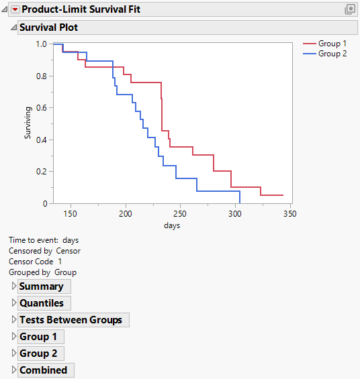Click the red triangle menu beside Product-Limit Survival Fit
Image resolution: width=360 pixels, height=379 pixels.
click(15, 10)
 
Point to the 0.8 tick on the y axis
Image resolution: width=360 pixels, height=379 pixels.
click(41, 76)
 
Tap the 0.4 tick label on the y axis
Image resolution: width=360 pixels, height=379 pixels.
click(41, 140)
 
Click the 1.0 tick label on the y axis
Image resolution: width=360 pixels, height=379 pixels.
click(41, 44)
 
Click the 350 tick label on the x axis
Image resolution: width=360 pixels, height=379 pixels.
click(289, 214)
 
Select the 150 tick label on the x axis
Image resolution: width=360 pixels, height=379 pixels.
click(70, 214)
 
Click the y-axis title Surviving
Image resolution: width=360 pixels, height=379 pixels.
click(28, 123)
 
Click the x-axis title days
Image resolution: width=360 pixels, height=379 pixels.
click(172, 225)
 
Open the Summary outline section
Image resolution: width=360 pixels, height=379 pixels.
click(41, 286)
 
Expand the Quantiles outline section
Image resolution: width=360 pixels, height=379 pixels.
click(41, 303)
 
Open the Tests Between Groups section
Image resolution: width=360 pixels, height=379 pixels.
click(71, 320)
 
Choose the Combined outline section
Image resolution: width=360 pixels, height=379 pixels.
click(43, 370)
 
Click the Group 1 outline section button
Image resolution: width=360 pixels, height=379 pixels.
click(38, 337)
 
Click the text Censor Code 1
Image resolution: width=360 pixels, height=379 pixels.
click(35, 262)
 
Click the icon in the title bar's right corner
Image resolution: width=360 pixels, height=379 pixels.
click(349, 9)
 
